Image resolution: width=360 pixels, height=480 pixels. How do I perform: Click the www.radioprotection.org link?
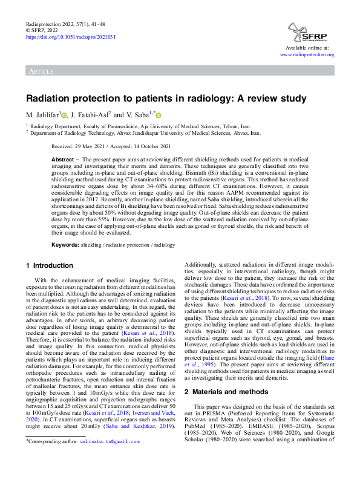pyautogui.click(x=307, y=54)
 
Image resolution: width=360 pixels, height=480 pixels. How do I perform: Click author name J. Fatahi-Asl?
pyautogui.click(x=90, y=115)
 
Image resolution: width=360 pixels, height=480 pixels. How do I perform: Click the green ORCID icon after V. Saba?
pyautogui.click(x=159, y=115)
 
